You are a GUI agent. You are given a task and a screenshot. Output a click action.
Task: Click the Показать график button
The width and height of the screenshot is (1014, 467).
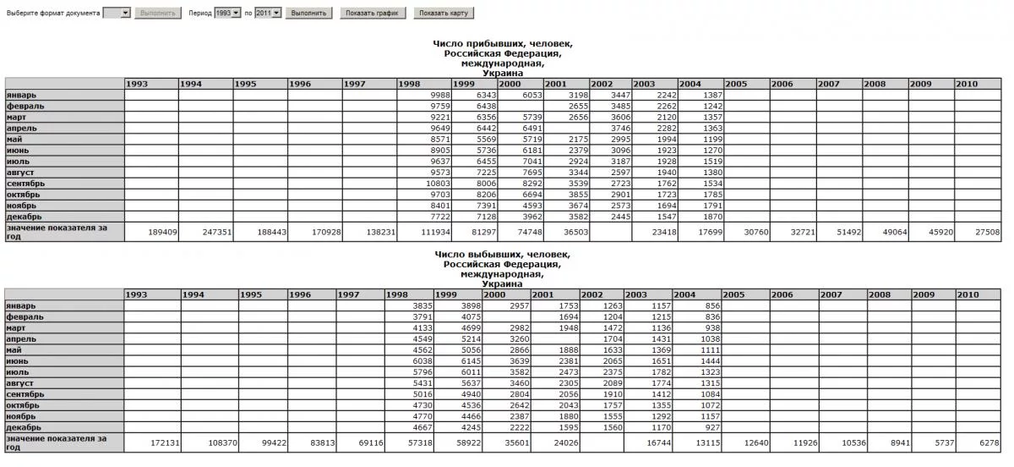[373, 14]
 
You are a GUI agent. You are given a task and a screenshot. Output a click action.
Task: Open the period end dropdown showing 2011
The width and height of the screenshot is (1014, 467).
[267, 14]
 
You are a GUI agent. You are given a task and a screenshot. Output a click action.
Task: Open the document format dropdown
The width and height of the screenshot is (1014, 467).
[117, 14]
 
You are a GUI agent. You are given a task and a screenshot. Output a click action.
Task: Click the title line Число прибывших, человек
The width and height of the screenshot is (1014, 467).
[503, 44]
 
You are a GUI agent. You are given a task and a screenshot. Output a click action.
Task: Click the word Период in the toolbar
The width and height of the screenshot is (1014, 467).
[200, 14]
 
